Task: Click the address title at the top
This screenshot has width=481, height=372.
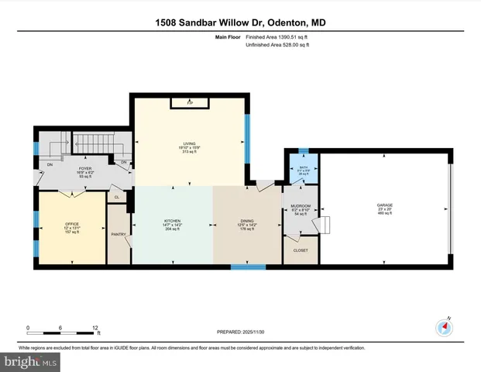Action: click(240, 23)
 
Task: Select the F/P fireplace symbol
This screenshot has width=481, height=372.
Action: click(189, 102)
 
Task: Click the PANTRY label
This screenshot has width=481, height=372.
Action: click(119, 234)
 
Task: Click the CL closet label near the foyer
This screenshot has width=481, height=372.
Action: click(116, 198)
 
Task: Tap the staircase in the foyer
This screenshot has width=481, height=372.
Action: click(91, 145)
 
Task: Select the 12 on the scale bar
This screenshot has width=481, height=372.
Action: click(94, 328)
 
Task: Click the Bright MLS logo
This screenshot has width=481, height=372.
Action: click(30, 362)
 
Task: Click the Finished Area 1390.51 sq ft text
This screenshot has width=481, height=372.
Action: click(277, 36)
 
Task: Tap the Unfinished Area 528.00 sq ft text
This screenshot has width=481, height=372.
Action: click(277, 45)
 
